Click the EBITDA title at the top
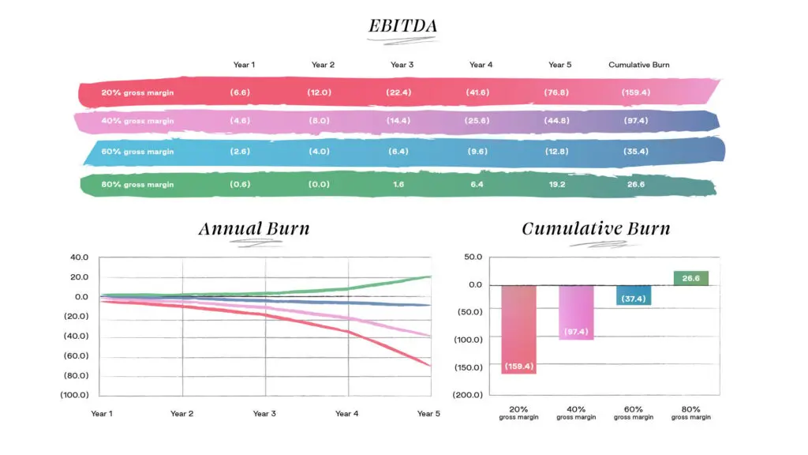(402, 26)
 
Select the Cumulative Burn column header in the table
(638, 65)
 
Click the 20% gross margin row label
(137, 92)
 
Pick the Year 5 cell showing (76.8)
(556, 92)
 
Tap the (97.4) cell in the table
(635, 121)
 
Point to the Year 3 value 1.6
(398, 184)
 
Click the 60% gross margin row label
(137, 151)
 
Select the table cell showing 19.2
(556, 184)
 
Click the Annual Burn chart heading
(253, 229)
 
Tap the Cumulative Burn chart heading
(596, 229)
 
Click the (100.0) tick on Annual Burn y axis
(74, 395)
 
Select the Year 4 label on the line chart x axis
(347, 413)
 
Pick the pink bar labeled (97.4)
(576, 312)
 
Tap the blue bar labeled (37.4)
(634, 295)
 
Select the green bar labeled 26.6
(690, 278)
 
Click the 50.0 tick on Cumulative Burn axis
(472, 258)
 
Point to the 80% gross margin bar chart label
(690, 412)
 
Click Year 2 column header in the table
(323, 65)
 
